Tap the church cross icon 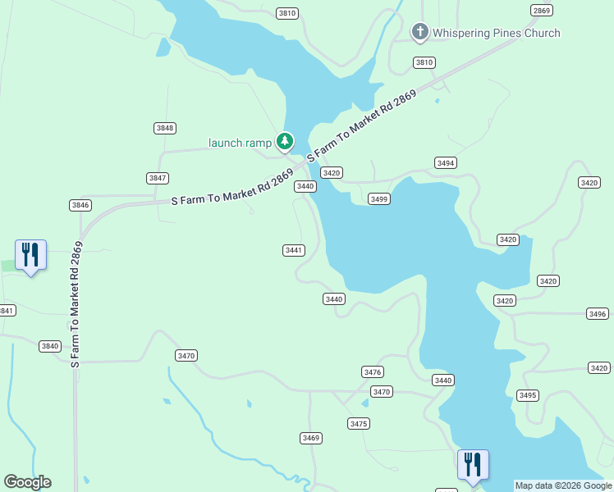pyautogui.click(x=419, y=32)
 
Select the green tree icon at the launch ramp pyautogui.click(x=285, y=143)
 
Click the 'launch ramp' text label pyautogui.click(x=240, y=143)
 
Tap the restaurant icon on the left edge pyautogui.click(x=30, y=255)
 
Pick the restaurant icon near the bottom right pyautogui.click(x=473, y=465)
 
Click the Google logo pyautogui.click(x=27, y=482)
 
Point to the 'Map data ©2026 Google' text pyautogui.click(x=563, y=485)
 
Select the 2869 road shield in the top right pyautogui.click(x=542, y=11)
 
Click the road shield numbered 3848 pyautogui.click(x=165, y=128)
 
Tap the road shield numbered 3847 pyautogui.click(x=158, y=178)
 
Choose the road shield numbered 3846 pyautogui.click(x=80, y=205)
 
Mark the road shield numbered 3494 pyautogui.click(x=446, y=163)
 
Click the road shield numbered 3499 pyautogui.click(x=378, y=199)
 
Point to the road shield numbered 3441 pyautogui.click(x=293, y=250)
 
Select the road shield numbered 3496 pyautogui.click(x=598, y=314)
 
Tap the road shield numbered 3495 pyautogui.click(x=528, y=395)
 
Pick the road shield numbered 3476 pyautogui.click(x=373, y=372)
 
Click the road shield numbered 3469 pyautogui.click(x=310, y=438)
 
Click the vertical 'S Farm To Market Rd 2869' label pyautogui.click(x=76, y=303)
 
